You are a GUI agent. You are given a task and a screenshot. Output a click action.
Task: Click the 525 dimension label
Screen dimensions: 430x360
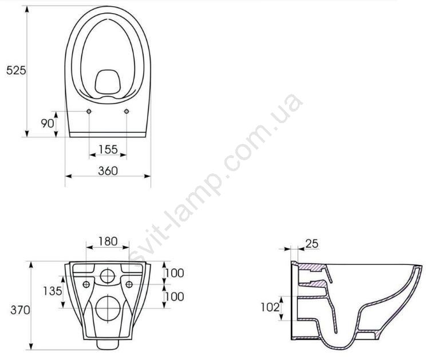tap(16, 70)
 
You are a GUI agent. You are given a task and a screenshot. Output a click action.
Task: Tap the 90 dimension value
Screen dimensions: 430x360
tap(48, 124)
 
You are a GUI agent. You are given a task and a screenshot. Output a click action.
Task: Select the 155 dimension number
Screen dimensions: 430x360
tap(108, 149)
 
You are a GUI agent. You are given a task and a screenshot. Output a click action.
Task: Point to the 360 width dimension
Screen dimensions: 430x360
tap(108, 171)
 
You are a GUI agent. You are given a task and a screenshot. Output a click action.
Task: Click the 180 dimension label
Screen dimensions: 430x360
tap(108, 242)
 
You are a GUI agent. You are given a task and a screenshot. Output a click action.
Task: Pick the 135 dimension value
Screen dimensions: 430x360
tap(53, 291)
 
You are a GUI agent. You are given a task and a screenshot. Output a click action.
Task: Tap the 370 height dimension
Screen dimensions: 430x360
tap(20, 310)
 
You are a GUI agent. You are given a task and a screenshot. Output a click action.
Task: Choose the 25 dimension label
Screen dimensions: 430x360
tap(312, 243)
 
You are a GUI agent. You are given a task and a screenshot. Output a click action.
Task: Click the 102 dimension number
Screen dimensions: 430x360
tap(270, 307)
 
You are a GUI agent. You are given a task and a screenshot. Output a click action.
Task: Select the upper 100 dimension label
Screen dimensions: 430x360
tap(175, 273)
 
